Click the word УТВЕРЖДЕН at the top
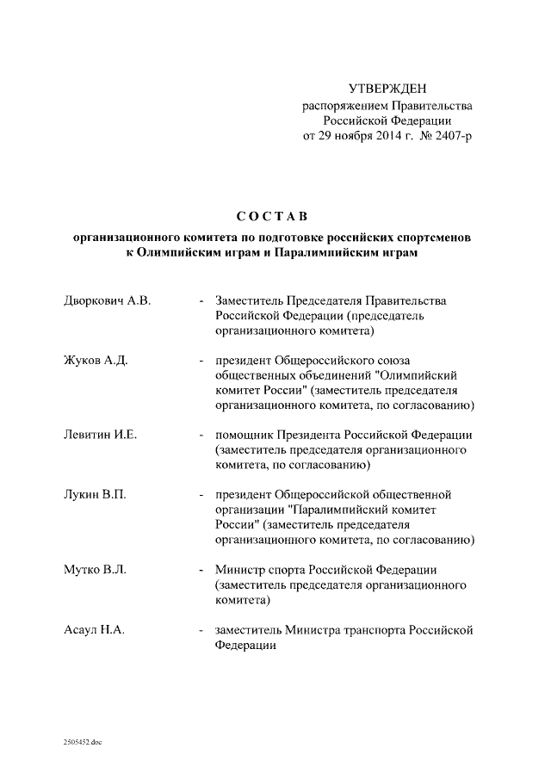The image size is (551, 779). (x=387, y=89)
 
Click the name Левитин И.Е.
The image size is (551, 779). (x=102, y=436)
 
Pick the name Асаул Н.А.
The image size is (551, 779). (x=96, y=630)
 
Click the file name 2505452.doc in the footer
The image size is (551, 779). (x=82, y=741)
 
